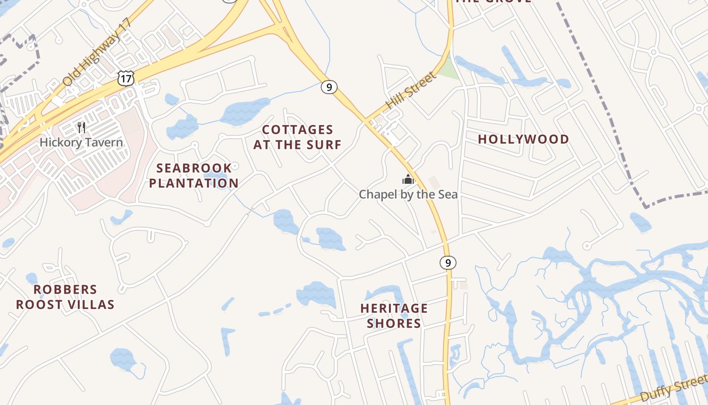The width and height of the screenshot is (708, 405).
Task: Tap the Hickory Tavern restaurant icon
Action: pyautogui.click(x=81, y=127)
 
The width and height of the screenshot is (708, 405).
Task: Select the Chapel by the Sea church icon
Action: pyautogui.click(x=408, y=179)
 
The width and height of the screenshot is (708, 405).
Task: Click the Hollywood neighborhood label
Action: pyautogui.click(x=523, y=139)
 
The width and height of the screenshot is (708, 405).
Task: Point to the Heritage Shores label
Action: pyautogui.click(x=394, y=315)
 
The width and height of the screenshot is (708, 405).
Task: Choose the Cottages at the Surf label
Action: pyautogui.click(x=297, y=137)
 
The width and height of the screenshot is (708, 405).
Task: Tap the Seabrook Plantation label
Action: pyautogui.click(x=194, y=175)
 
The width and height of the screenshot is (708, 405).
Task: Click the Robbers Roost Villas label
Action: pyautogui.click(x=65, y=297)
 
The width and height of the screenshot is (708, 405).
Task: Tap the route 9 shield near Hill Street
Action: pyautogui.click(x=329, y=87)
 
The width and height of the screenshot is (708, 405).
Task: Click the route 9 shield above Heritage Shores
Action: pyautogui.click(x=448, y=263)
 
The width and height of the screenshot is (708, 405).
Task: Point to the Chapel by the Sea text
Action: pyautogui.click(x=408, y=194)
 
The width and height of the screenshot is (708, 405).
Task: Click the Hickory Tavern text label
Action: pyautogui.click(x=81, y=142)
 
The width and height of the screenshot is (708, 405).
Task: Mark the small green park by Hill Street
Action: pyautogui.click(x=448, y=70)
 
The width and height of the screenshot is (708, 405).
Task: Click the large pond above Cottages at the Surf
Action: pyautogui.click(x=245, y=111)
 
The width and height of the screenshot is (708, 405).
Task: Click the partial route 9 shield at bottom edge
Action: pyautogui.click(x=441, y=395)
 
